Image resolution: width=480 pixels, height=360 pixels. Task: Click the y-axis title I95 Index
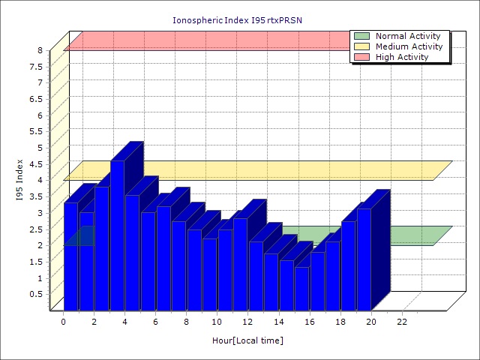click(x=20, y=180)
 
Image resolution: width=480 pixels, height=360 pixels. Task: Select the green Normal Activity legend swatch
click(x=361, y=36)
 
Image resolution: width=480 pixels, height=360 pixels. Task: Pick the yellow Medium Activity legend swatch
click(x=361, y=46)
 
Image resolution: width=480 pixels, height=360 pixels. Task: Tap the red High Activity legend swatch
click(x=361, y=57)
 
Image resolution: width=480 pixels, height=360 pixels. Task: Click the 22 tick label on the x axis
click(x=402, y=322)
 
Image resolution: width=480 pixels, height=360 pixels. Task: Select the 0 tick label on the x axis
click(x=64, y=322)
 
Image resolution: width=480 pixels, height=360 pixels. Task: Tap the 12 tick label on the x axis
click(x=248, y=322)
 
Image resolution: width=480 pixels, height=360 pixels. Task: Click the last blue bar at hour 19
click(x=364, y=259)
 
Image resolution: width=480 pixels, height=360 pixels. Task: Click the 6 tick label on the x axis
click(x=156, y=322)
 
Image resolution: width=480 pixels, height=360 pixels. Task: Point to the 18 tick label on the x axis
click(x=340, y=322)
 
